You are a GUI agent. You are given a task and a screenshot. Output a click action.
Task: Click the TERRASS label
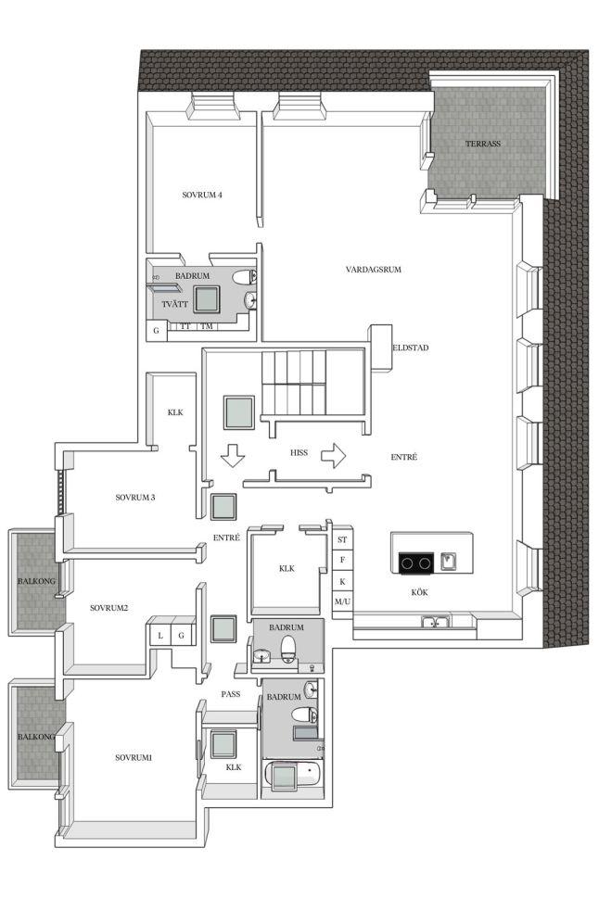pos(483,144)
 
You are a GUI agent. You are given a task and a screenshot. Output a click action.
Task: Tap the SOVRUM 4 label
pos(202,195)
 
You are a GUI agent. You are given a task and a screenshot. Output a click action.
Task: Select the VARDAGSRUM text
pos(373,269)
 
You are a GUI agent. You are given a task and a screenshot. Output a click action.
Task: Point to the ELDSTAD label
pos(411,348)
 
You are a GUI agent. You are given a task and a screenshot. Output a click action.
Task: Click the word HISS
pos(299,452)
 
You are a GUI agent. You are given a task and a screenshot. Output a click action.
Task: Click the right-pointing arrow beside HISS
pos(333,456)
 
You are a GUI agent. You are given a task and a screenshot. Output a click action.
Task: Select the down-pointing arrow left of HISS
pos(233,456)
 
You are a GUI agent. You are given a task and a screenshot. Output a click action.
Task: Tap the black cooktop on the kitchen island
pos(415,563)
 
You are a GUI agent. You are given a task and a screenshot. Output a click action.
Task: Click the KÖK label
pos(420,592)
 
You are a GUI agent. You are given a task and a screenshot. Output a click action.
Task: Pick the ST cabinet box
pos(342,539)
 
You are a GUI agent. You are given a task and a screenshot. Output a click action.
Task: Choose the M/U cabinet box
pos(342,602)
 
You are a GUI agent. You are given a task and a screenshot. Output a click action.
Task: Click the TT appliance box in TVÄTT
pos(185,326)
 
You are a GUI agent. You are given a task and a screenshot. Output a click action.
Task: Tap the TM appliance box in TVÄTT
pos(207,326)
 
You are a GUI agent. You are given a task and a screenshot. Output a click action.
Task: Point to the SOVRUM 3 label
pos(135,498)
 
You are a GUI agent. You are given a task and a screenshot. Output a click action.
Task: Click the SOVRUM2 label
pos(108,608)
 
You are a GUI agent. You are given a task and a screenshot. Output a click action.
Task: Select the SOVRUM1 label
pos(134,758)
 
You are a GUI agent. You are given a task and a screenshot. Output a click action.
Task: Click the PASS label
pos(231,694)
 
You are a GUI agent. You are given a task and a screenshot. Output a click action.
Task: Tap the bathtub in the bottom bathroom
pos(292,776)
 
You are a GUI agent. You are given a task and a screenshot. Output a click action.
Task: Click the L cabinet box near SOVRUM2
pos(160,635)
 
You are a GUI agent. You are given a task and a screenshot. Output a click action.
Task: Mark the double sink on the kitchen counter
pos(436,622)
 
